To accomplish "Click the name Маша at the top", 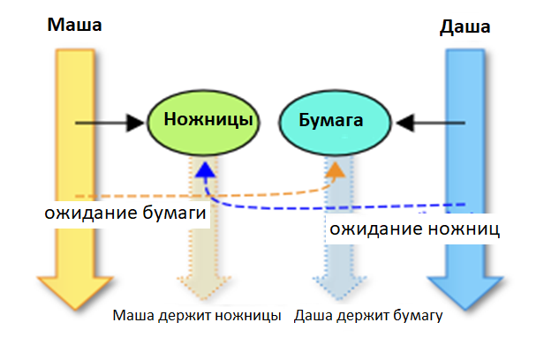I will (x=74, y=24).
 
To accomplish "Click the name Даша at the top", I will (x=465, y=27).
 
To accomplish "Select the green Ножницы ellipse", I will (x=203, y=119).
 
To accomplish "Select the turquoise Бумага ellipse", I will (x=336, y=119).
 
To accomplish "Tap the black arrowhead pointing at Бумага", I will (x=404, y=121).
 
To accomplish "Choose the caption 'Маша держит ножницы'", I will (x=196, y=315).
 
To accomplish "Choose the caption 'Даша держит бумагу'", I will (x=367, y=315).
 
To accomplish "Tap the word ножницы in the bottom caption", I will (x=252, y=315).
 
